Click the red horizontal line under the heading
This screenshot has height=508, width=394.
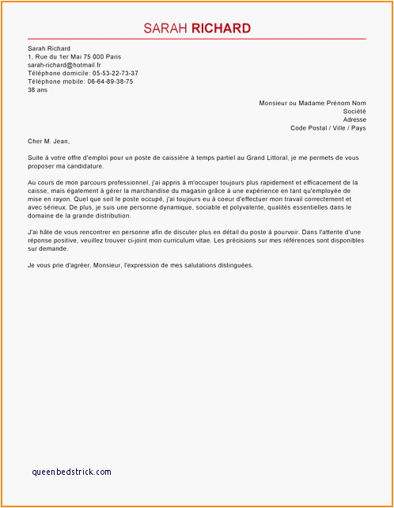tap(196, 39)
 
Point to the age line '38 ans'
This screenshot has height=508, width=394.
tap(36, 89)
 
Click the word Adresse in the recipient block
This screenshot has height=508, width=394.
tap(354, 119)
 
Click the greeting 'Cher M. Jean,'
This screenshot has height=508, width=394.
tap(48, 142)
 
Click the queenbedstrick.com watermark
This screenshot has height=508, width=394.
tap(72, 472)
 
